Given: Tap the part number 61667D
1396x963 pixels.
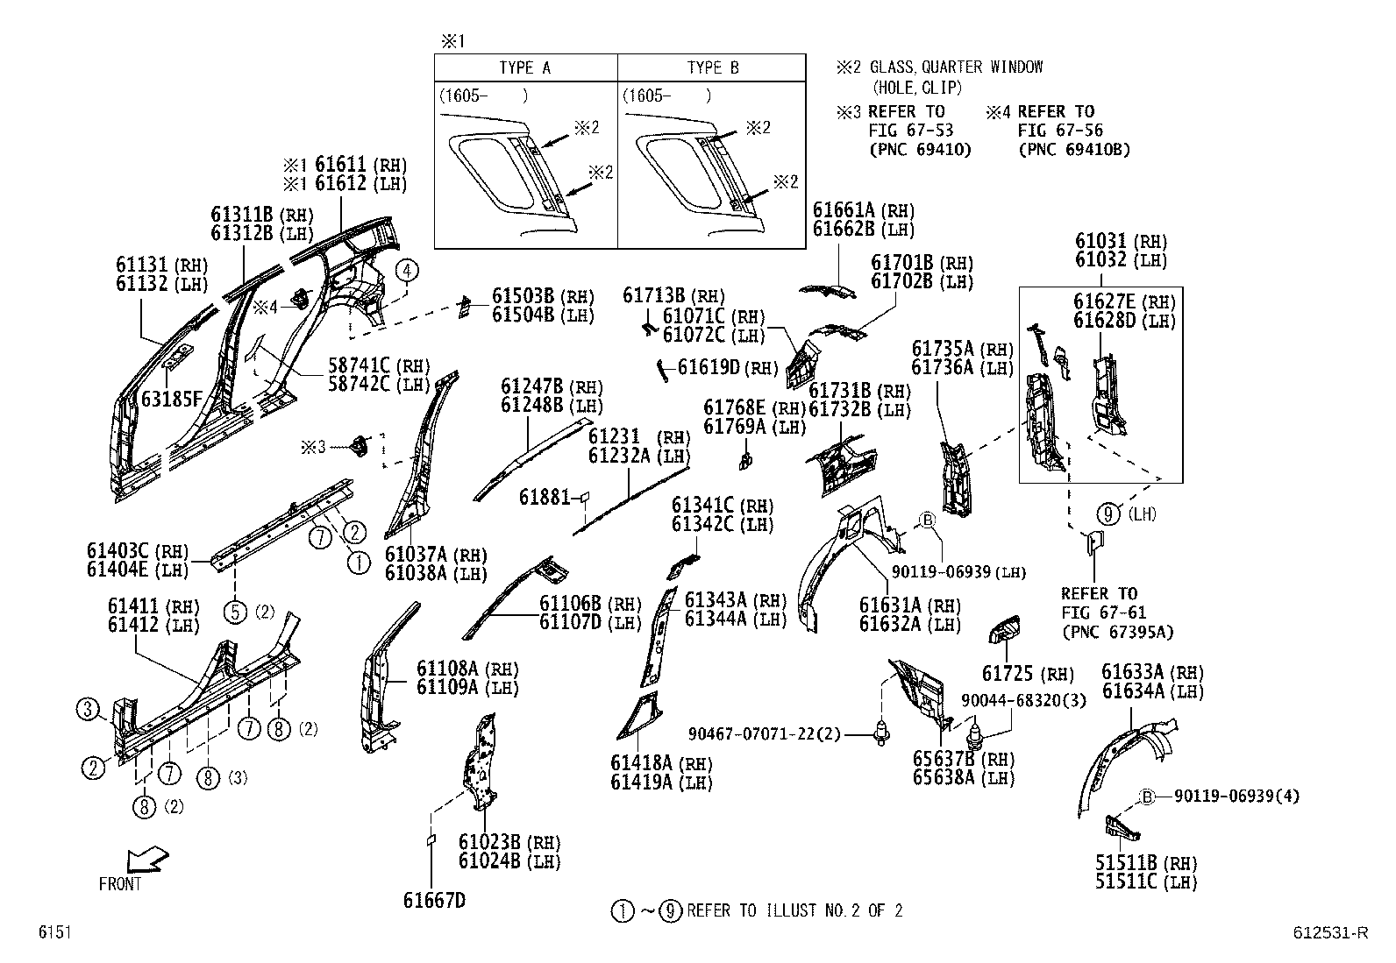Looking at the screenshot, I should pyautogui.click(x=434, y=900).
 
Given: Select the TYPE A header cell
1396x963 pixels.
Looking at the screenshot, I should pyautogui.click(x=525, y=67).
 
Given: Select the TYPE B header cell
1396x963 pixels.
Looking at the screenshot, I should pyautogui.click(x=712, y=67).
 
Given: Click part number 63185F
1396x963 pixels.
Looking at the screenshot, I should pyautogui.click(x=172, y=400).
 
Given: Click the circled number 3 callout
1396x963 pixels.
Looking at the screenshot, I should pyautogui.click(x=88, y=709).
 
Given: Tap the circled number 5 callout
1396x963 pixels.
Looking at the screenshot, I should pyautogui.click(x=236, y=611).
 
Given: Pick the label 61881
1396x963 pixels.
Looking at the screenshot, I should pyautogui.click(x=545, y=497).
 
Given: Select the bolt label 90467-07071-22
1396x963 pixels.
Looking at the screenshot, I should pyautogui.click(x=763, y=733).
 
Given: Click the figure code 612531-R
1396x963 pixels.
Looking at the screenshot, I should pyautogui.click(x=1329, y=933).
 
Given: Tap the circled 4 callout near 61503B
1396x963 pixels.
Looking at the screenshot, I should pyautogui.click(x=408, y=270).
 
